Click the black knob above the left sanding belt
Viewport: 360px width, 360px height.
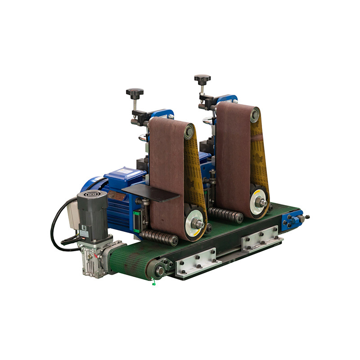pyautogui.click(x=135, y=92)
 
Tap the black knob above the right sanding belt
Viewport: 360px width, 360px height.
pyautogui.click(x=202, y=79)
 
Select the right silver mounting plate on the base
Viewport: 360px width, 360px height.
pyautogui.click(x=261, y=238)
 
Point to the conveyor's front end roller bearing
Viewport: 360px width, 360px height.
pyautogui.click(x=160, y=270)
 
